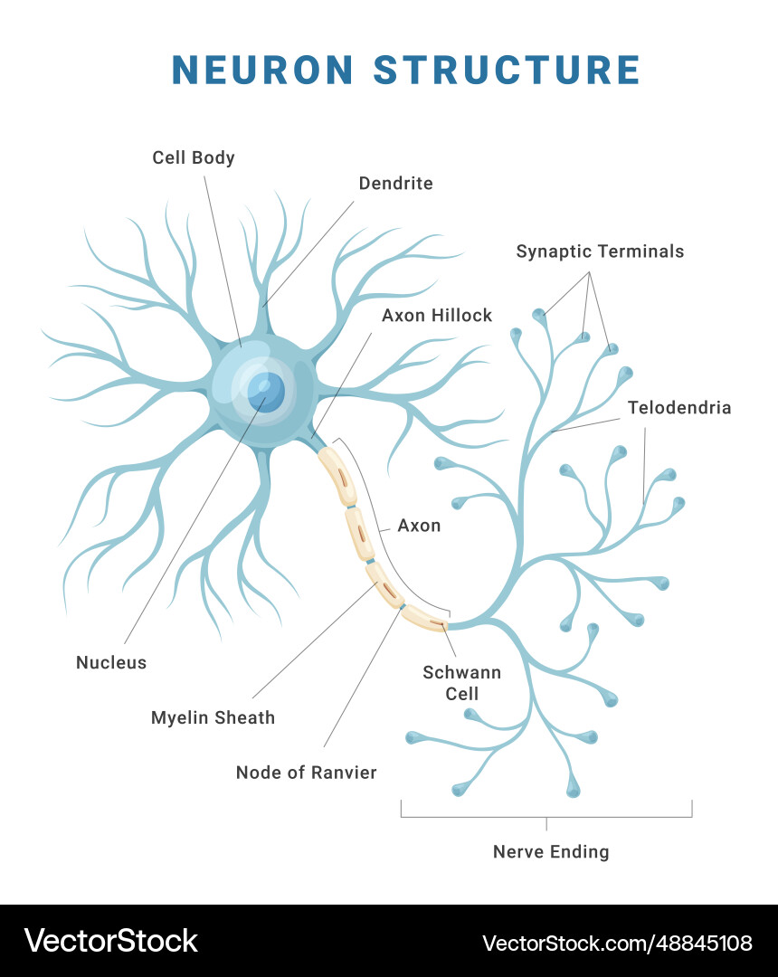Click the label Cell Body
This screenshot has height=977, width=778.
coord(194,157)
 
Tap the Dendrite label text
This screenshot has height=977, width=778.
coord(395,184)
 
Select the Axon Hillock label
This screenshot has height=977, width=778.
coord(437,315)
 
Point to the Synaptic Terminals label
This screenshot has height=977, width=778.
coord(600,251)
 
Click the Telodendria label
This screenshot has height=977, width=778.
coord(679,408)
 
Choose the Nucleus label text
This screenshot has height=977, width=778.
coord(111,662)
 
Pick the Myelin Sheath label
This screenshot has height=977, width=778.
coord(213,717)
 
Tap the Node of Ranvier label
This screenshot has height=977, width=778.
coord(306,772)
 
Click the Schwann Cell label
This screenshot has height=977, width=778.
coord(462,683)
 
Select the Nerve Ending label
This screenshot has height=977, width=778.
coord(551,851)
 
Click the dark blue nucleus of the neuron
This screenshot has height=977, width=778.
coord(266,391)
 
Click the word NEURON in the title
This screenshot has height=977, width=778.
coord(262,71)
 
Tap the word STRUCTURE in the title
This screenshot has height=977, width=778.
coord(507,71)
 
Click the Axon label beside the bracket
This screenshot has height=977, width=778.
coord(419,526)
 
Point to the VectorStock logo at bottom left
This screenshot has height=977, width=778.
coord(110,941)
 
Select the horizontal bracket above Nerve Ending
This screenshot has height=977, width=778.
coord(546,816)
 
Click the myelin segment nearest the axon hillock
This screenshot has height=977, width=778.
coord(339,476)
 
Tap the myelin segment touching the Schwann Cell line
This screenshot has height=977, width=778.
coord(425,618)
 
